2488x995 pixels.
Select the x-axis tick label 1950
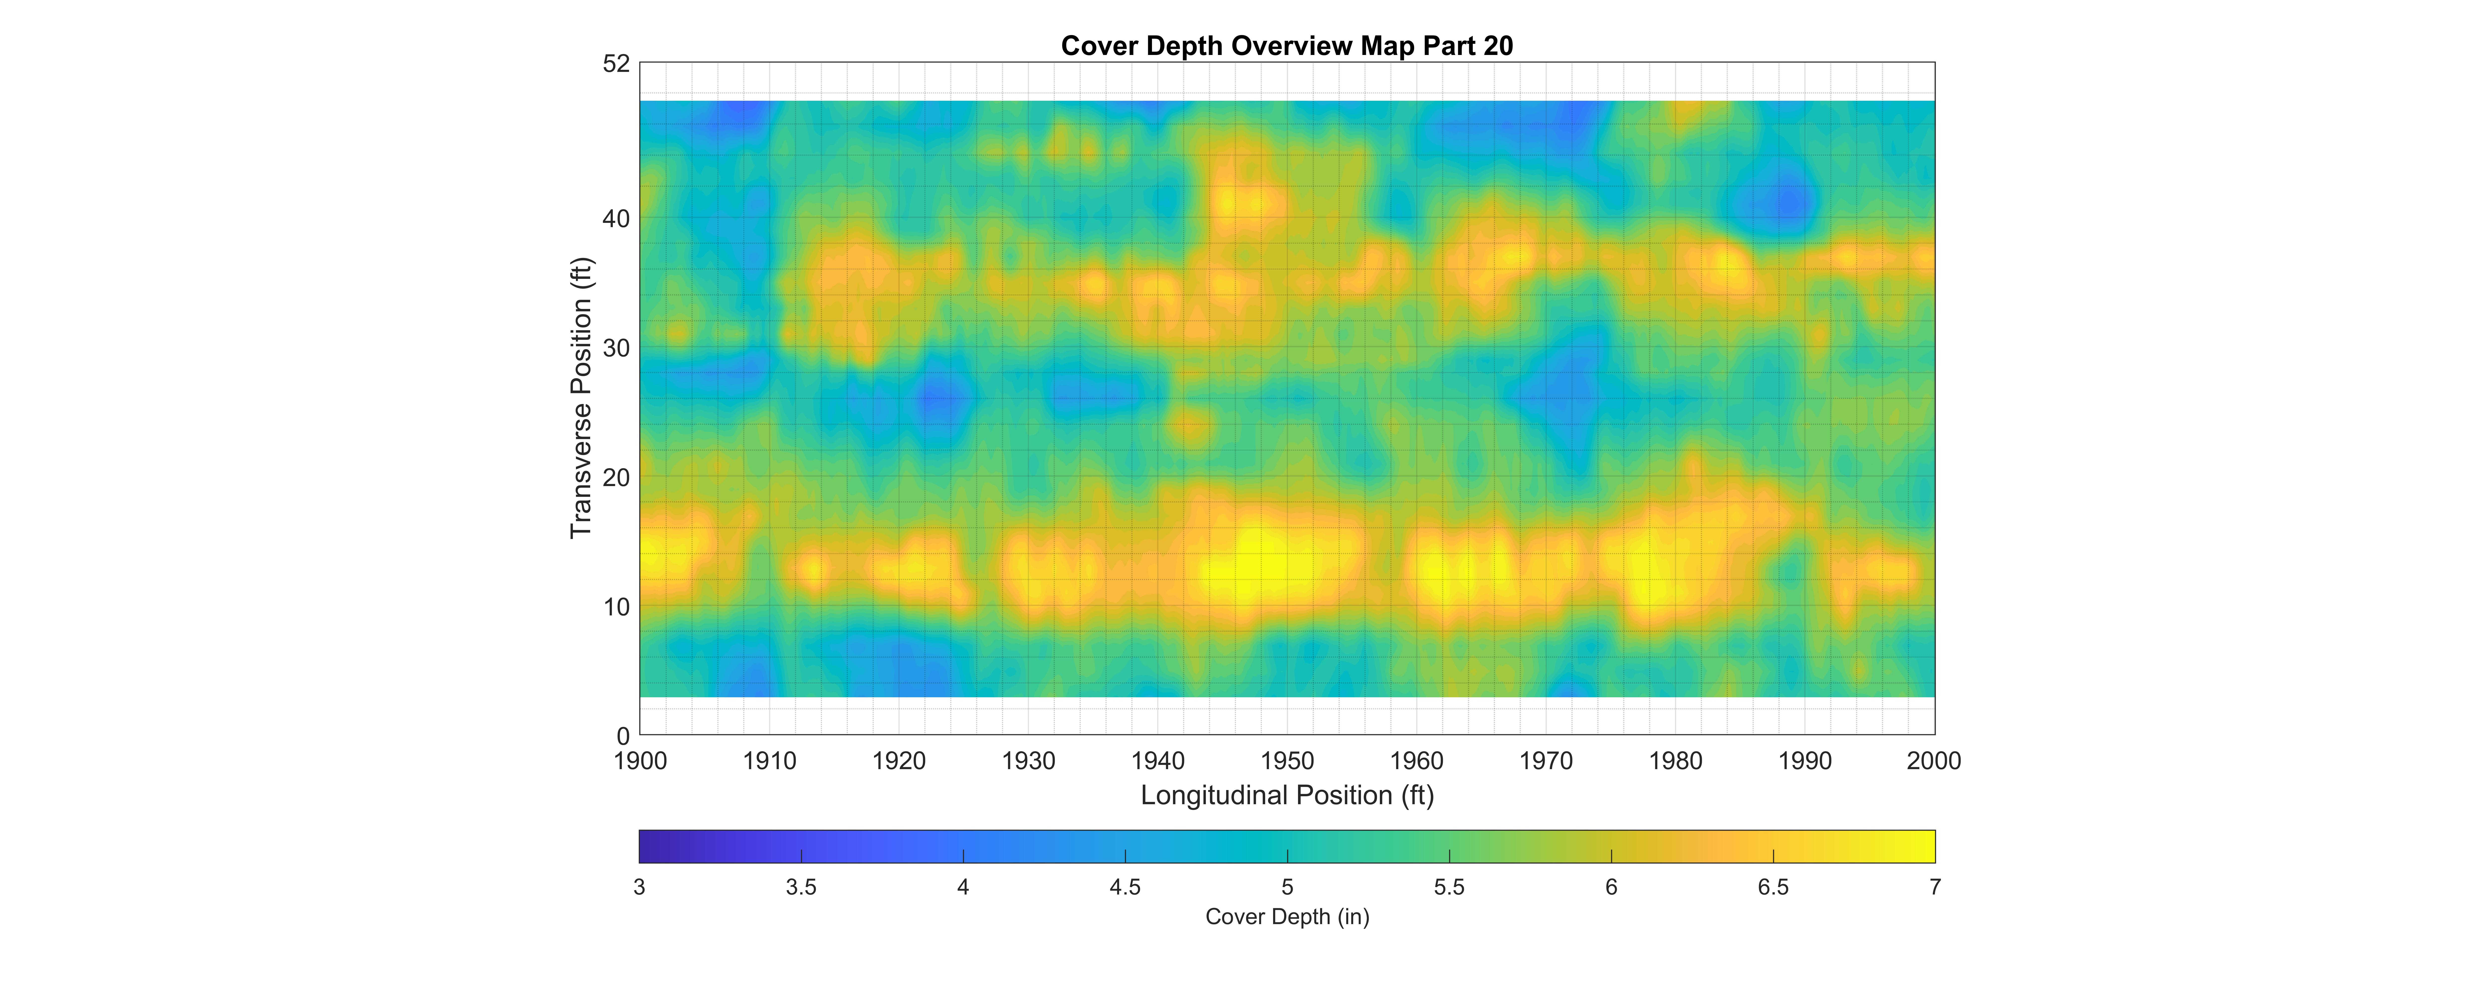[x=1287, y=761]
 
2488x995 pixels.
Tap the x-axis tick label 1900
[x=639, y=761]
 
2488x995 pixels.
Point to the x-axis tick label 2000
[x=1934, y=761]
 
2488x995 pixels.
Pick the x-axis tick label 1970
[x=1545, y=761]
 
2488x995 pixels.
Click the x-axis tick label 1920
[x=898, y=761]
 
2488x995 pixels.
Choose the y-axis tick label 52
[x=616, y=64]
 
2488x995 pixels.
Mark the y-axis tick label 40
[x=616, y=219]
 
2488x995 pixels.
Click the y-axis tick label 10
[x=616, y=607]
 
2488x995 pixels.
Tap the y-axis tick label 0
[x=623, y=736]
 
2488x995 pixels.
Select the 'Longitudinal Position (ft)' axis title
[x=1287, y=795]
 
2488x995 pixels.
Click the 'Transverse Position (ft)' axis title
[x=580, y=398]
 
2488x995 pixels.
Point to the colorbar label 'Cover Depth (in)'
[x=1287, y=917]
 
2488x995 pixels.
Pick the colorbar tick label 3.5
[x=801, y=887]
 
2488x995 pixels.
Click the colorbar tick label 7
[x=1935, y=887]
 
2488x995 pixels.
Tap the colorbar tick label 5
[x=1287, y=887]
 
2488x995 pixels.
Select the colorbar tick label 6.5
[x=1772, y=887]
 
